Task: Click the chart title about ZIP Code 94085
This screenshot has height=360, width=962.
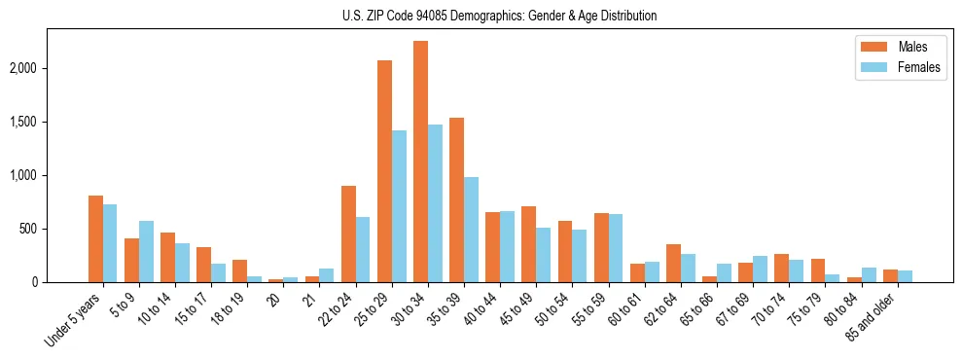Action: point(499,16)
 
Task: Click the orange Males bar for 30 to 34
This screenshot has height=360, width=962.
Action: point(420,162)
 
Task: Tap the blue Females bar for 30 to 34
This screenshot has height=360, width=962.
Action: point(435,203)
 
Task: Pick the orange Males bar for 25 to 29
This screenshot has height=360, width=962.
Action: point(384,171)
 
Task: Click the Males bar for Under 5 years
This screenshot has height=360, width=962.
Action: point(95,239)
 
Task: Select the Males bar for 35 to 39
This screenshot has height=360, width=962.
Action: point(456,200)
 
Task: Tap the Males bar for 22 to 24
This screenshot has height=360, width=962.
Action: point(348,234)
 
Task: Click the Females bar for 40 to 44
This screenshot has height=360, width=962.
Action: point(507,247)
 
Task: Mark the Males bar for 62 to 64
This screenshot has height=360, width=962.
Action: point(673,264)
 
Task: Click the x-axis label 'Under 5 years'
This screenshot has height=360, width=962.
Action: point(71,321)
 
